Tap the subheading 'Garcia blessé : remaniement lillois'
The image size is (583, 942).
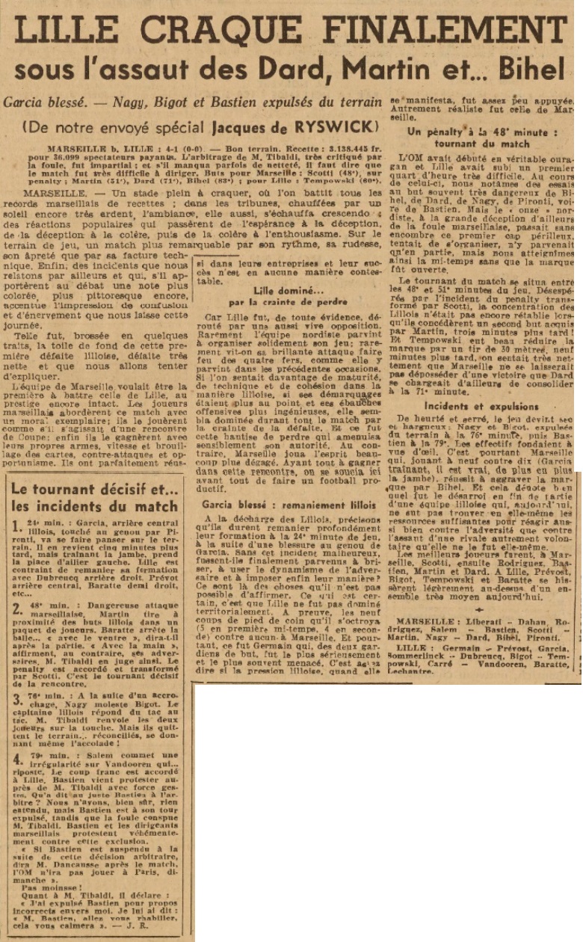click(x=289, y=505)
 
